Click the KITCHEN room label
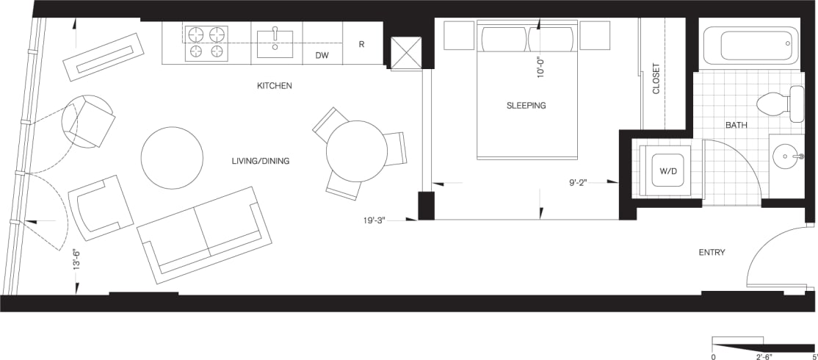point(275,86)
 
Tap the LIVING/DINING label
point(255,161)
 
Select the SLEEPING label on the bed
point(526,106)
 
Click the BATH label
point(736,126)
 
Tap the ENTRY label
point(712,253)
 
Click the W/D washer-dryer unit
point(667,171)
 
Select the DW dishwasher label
point(322,55)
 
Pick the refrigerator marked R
point(362,44)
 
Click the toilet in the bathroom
point(783,103)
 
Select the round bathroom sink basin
point(786,156)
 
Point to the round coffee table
point(172,158)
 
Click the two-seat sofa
point(205,234)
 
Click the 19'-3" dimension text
point(379,219)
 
